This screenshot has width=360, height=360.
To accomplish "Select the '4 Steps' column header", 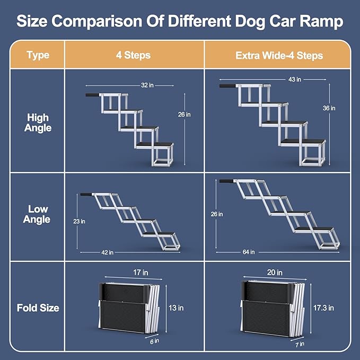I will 134,55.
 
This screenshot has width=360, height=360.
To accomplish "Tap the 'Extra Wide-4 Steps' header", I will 279,55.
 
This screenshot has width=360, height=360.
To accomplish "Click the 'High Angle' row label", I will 37,122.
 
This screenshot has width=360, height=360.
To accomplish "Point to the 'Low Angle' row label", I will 37,214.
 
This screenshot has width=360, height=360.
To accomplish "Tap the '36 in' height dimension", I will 329,108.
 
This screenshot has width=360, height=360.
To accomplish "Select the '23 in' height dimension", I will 79,221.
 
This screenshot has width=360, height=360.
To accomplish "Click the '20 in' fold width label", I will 274,273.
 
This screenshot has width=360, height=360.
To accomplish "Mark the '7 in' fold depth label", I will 299,344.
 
